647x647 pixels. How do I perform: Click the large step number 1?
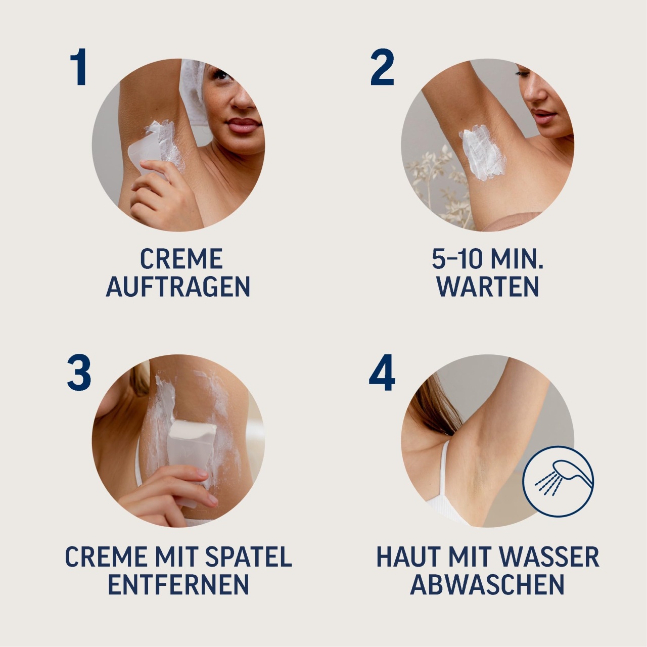click(x=79, y=67)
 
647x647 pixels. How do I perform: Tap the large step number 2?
click(x=382, y=67)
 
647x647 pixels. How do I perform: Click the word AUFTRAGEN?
click(x=178, y=287)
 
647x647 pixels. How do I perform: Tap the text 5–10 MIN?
click(x=487, y=259)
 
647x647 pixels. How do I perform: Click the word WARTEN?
click(x=487, y=287)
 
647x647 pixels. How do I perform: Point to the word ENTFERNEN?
click(x=178, y=584)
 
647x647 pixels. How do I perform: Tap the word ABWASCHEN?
click(x=487, y=584)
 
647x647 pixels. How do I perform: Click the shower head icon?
click(x=559, y=481)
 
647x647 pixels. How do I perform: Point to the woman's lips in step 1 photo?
click(x=244, y=125)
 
